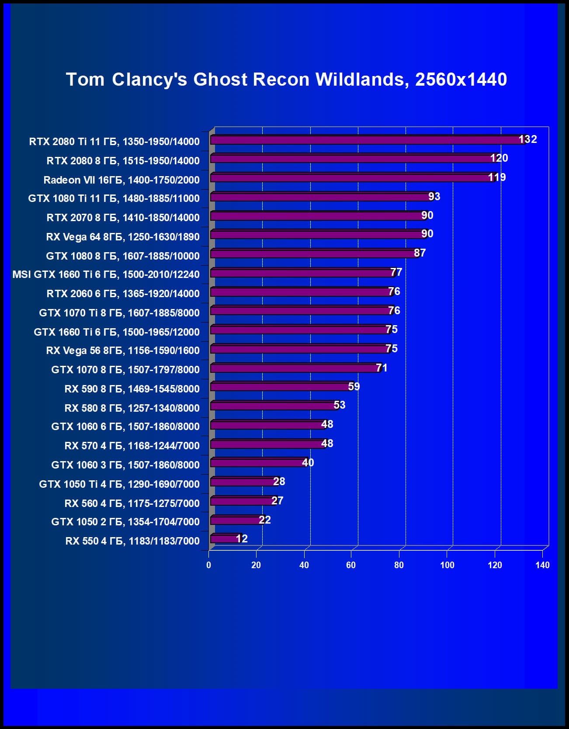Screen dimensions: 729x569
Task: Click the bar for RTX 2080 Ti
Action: click(367, 140)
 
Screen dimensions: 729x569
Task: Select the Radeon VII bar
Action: click(352, 178)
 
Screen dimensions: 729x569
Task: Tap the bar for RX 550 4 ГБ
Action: click(226, 539)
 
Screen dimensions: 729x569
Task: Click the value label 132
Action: click(527, 139)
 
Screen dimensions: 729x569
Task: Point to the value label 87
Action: click(420, 253)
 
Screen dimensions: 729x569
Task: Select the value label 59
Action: click(354, 387)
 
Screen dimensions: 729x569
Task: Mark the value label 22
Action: click(264, 520)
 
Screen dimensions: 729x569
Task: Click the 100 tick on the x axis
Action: click(447, 565)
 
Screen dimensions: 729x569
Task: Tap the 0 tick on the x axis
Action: click(208, 565)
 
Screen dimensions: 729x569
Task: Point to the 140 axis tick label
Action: click(542, 565)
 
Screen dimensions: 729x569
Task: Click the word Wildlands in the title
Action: click(362, 80)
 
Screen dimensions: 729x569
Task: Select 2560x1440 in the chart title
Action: click(461, 80)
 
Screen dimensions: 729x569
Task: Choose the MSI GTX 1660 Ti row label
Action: click(106, 274)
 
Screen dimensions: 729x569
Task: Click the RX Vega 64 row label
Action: click(122, 237)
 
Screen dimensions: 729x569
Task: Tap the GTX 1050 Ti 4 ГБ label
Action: click(119, 484)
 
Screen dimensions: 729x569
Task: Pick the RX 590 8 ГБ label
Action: click(132, 389)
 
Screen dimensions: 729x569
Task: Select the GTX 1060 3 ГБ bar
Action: click(259, 463)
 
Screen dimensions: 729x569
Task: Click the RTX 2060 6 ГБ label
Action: click(123, 294)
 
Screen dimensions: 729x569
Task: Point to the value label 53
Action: click(339, 405)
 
